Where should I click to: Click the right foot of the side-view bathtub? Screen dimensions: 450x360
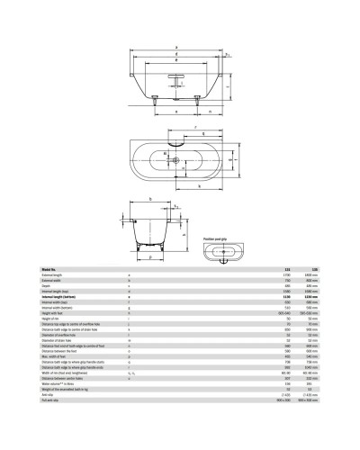(x=215, y=105)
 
